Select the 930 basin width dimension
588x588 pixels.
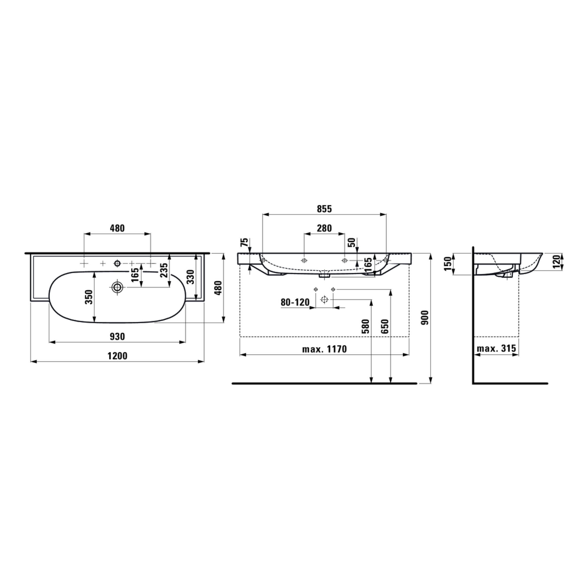click(x=117, y=336)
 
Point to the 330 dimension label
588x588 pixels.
click(x=190, y=277)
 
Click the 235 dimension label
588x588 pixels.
click(x=164, y=270)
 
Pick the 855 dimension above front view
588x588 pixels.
click(x=324, y=209)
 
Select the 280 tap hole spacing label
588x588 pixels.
click(x=324, y=228)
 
